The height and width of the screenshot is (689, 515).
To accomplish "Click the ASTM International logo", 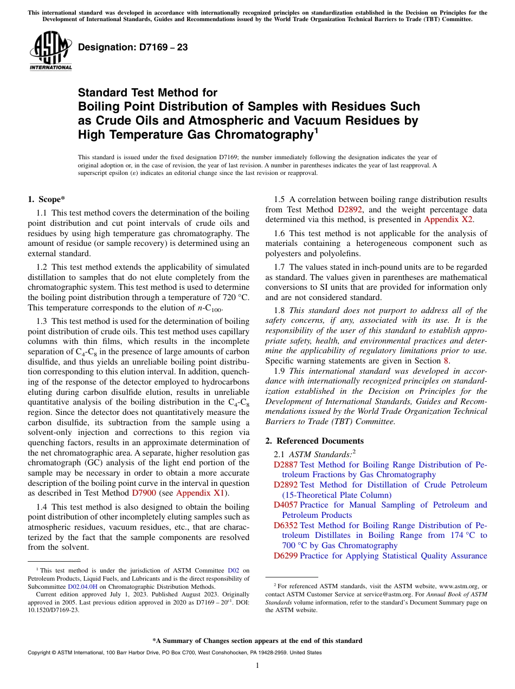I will coord(50,51).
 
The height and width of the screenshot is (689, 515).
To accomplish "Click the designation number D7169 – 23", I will coord(133,47).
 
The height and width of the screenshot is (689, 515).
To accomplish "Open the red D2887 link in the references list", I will coord(286,465).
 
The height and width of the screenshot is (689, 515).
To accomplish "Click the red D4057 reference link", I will coord(286,505).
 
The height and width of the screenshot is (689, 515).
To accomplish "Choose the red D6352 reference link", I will coord(286,525).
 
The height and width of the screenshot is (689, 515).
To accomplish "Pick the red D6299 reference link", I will coord(286,556).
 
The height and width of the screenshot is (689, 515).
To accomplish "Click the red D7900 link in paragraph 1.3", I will coord(144,493).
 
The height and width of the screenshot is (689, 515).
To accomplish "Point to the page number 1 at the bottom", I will coord(257,665).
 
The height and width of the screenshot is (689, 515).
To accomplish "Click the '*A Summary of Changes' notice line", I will coord(257,641).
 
